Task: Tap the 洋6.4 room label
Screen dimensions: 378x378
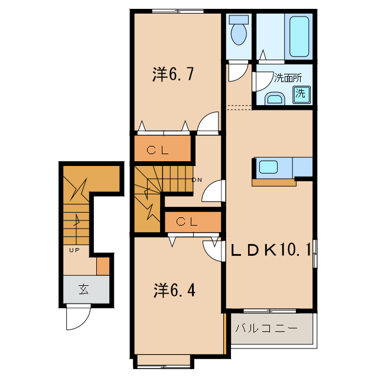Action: click(174, 290)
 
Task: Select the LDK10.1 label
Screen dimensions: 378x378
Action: click(271, 250)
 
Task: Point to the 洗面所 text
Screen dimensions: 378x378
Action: click(288, 78)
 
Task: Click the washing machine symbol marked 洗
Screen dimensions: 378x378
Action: click(301, 93)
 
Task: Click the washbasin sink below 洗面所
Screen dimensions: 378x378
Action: click(274, 98)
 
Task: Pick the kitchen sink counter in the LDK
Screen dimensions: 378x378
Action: click(273, 167)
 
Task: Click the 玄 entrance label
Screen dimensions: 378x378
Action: click(84, 289)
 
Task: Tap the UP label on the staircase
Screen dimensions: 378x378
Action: click(74, 250)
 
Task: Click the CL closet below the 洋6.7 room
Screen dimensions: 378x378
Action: click(159, 150)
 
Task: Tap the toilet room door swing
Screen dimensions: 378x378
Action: click(237, 71)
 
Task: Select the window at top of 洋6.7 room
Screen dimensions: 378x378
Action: click(175, 11)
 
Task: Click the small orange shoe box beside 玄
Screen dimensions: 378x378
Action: click(103, 266)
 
